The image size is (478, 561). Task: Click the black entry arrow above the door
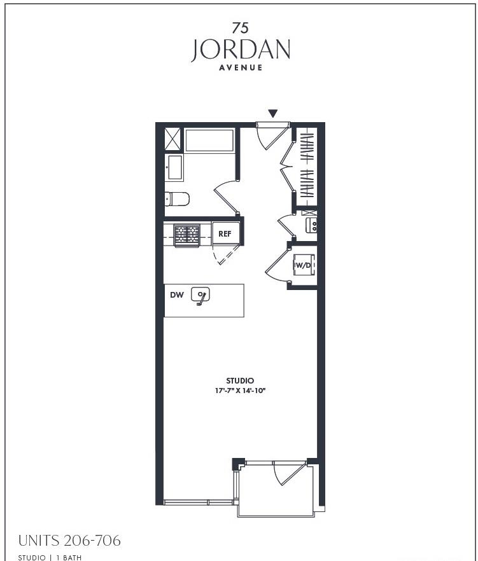click(273, 114)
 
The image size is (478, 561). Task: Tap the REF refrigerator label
click(225, 233)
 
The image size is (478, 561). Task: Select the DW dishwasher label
click(177, 295)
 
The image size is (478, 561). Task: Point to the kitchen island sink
click(200, 296)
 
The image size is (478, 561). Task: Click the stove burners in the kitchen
click(187, 235)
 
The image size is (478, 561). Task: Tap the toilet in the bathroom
click(177, 199)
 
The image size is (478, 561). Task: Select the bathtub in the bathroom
click(209, 141)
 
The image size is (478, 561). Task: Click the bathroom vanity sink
click(174, 168)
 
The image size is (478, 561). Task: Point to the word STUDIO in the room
click(240, 380)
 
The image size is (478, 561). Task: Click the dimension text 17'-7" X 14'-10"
click(240, 391)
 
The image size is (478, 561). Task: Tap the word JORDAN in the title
click(240, 50)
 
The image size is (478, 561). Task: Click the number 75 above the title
click(240, 27)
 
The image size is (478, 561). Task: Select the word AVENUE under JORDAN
click(241, 67)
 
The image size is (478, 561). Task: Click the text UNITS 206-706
click(69, 541)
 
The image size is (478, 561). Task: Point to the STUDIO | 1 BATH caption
click(50, 557)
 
